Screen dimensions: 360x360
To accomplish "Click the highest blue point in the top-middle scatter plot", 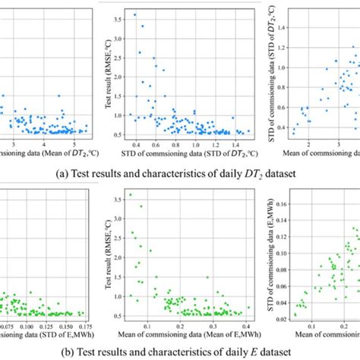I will pyautogui.click(x=135, y=14).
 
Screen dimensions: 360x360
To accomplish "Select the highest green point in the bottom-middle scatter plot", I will pyautogui.click(x=130, y=194).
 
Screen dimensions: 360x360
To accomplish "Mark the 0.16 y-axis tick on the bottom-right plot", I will pyautogui.click(x=274, y=203).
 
